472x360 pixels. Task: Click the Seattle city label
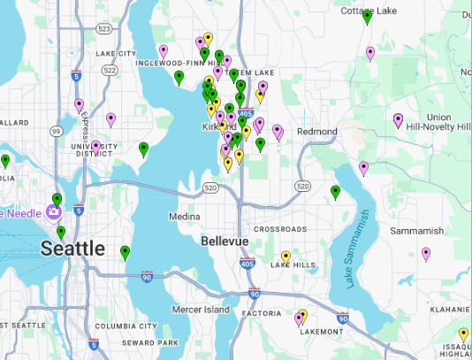click(x=73, y=249)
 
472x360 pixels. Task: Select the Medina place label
click(x=186, y=216)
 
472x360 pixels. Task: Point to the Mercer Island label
click(x=200, y=310)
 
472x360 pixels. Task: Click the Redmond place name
click(x=317, y=132)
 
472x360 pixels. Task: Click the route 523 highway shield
click(x=104, y=29)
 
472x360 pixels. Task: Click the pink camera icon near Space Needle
click(x=55, y=212)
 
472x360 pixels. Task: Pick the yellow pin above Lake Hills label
click(x=285, y=257)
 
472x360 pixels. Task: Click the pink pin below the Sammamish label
click(x=426, y=254)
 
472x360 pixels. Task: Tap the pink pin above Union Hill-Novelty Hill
click(x=398, y=119)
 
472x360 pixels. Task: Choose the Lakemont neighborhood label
click(x=321, y=332)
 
